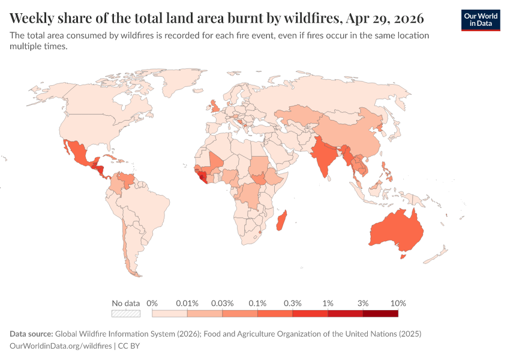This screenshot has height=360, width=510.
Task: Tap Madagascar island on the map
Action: click(x=281, y=220)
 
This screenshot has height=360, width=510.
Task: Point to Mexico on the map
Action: click(x=78, y=152)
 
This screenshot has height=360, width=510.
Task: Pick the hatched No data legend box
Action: click(x=126, y=313)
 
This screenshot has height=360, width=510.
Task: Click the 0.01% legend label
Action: click(x=187, y=303)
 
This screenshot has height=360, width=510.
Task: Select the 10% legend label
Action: click(x=398, y=303)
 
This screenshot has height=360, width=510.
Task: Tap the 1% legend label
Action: click(x=328, y=303)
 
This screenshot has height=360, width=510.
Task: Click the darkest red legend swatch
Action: click(x=380, y=313)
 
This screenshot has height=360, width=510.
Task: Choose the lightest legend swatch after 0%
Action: click(x=170, y=313)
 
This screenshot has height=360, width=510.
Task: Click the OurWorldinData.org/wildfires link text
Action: click(x=61, y=346)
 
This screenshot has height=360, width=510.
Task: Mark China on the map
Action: click(x=348, y=135)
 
